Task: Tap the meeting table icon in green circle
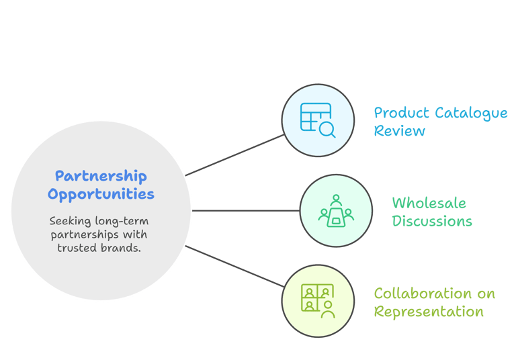tap(335, 211)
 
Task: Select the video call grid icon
tap(317, 301)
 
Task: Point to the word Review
tap(399, 130)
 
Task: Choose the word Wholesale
tap(429, 203)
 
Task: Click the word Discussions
tap(431, 221)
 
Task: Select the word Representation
tap(429, 312)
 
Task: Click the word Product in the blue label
tap(401, 112)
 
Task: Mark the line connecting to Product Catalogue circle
tap(235, 154)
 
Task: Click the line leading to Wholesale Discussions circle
tap(245, 211)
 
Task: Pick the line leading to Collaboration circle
tap(235, 267)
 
